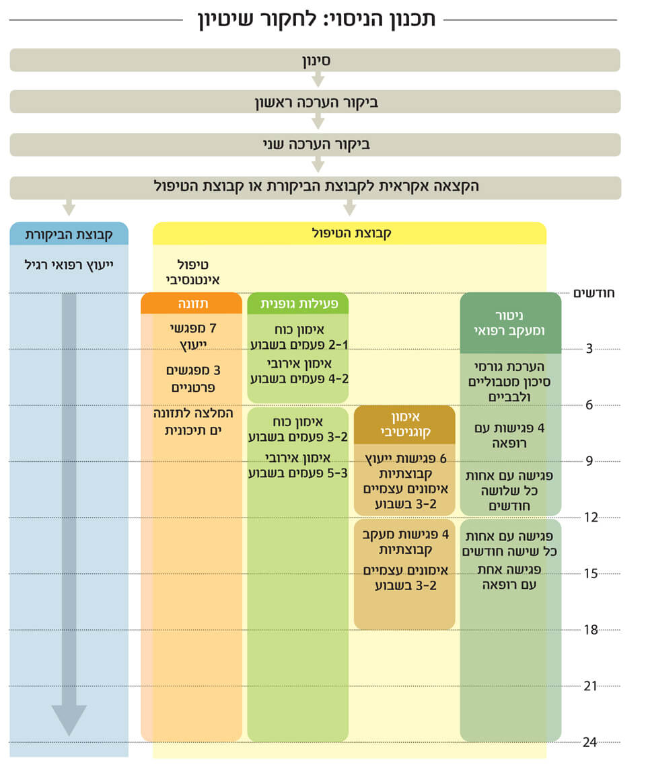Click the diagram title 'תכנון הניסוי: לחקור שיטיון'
click(316, 19)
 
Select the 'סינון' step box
click(315, 60)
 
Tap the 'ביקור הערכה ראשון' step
click(315, 102)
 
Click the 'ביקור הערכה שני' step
click(315, 145)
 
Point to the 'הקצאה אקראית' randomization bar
click(315, 187)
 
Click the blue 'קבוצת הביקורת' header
click(69, 234)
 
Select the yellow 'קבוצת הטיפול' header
click(350, 234)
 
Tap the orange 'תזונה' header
click(192, 304)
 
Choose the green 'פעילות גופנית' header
click(298, 304)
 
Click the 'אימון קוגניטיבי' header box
click(404, 424)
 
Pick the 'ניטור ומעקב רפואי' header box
click(511, 323)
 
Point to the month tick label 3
click(589, 349)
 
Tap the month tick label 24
click(590, 742)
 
